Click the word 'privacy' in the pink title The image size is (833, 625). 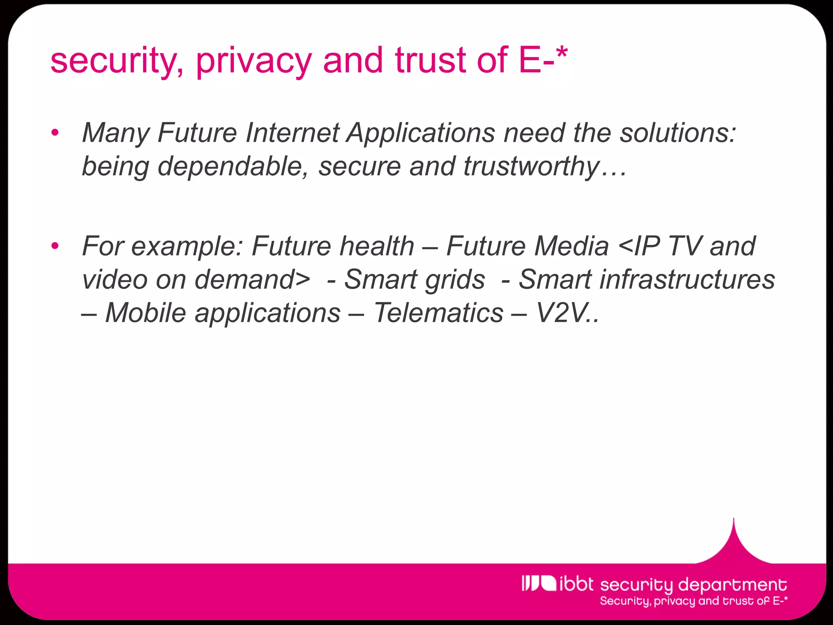click(x=253, y=61)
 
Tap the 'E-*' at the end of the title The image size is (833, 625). click(x=543, y=60)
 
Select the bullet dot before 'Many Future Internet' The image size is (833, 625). click(x=55, y=133)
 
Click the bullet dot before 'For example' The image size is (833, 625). click(x=55, y=246)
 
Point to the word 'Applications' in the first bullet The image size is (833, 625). click(x=421, y=133)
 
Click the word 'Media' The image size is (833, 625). click(x=571, y=246)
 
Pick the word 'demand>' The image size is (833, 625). click(x=253, y=280)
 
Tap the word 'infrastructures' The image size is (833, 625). click(x=647, y=280)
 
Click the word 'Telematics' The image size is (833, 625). click(x=438, y=313)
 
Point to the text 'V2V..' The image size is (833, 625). click(x=568, y=313)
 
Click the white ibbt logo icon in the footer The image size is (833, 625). click(x=538, y=583)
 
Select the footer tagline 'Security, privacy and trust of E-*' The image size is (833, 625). click(x=693, y=601)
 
